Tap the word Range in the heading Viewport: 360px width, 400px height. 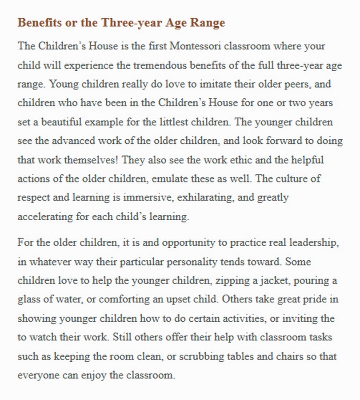(208, 23)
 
